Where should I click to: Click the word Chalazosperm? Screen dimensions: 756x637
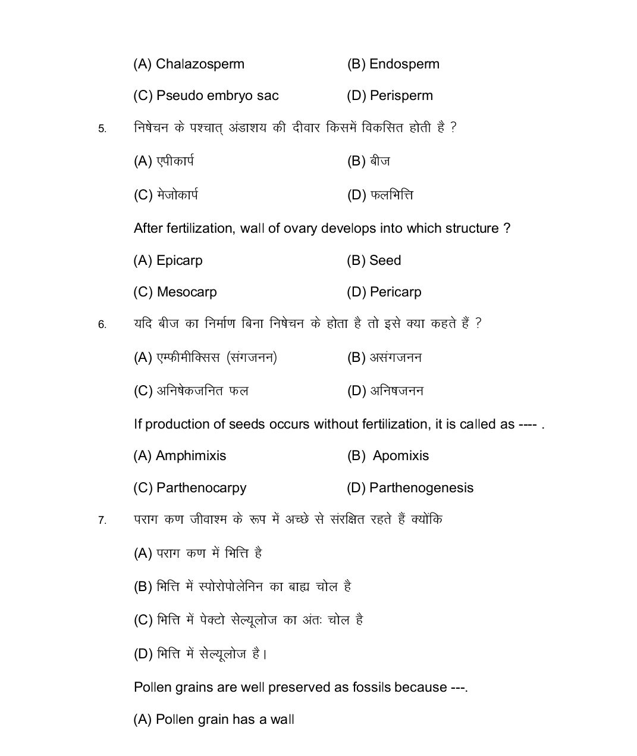[x=200, y=64]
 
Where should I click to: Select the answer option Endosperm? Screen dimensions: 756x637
[x=404, y=64]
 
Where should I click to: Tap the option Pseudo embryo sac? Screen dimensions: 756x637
[x=217, y=96]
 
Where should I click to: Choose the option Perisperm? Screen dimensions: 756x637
[x=401, y=96]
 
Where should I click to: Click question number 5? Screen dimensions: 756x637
[x=102, y=129]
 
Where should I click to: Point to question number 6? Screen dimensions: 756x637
[x=102, y=324]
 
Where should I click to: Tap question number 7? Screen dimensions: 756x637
[x=102, y=521]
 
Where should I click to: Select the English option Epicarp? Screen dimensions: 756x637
[x=179, y=261]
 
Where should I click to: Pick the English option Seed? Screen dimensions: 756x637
[x=385, y=261]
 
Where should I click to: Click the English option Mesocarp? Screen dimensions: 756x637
[x=187, y=292]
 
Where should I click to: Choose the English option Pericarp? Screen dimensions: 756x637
[x=395, y=292]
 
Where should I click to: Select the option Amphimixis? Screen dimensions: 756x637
[x=190, y=456]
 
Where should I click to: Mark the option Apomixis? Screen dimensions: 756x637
[x=400, y=456]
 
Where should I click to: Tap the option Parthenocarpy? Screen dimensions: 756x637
[x=201, y=488]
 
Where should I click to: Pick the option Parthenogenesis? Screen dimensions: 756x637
[x=421, y=488]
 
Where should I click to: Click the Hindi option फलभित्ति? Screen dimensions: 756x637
[x=391, y=195]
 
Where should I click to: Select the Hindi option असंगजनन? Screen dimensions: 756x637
[x=396, y=358]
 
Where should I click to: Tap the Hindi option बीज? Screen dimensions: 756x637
[x=379, y=161]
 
